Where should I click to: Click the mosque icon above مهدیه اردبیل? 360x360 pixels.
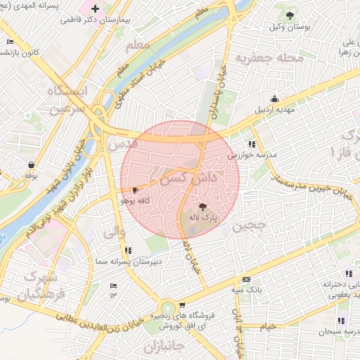coord(274,98)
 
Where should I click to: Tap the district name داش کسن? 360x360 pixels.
coord(192,174)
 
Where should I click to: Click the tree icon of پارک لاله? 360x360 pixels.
coord(203,207)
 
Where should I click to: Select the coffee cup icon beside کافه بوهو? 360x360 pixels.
coord(135,190)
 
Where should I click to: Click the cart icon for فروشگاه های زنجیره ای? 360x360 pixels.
coord(183,305)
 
